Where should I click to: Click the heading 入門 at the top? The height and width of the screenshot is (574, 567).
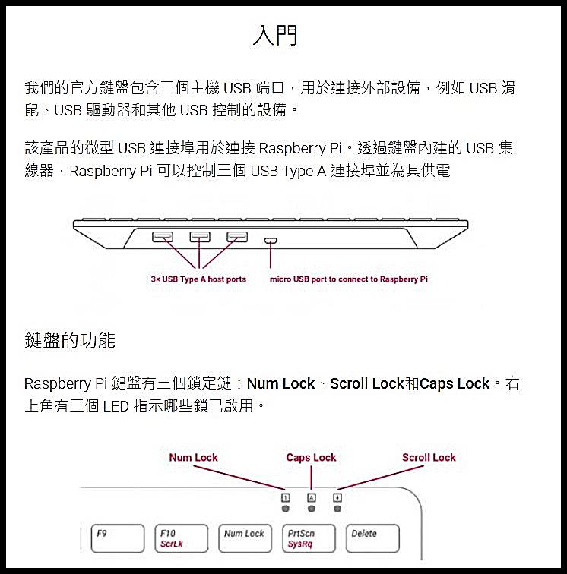pos(275,35)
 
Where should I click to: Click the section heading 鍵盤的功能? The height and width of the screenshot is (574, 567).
pos(70,340)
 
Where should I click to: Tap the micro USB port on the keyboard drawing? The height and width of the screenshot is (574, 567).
pos(271,241)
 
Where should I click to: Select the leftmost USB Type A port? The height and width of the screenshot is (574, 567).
pos(163,237)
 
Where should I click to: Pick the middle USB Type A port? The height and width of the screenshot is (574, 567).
pos(200,237)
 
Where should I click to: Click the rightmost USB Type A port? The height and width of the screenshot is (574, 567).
pos(237,237)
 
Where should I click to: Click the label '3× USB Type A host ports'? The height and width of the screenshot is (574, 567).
pos(198,279)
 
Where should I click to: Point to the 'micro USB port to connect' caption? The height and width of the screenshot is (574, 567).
pos(349,279)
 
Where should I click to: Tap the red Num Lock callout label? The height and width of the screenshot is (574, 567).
pos(194,457)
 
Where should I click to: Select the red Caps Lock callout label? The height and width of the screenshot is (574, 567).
pos(311,458)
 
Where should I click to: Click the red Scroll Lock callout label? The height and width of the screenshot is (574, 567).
pos(429,457)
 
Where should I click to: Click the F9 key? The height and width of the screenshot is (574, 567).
pos(118,538)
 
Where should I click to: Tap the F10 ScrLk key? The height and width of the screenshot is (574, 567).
pos(182,538)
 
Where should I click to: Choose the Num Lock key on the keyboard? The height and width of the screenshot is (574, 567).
pos(245,538)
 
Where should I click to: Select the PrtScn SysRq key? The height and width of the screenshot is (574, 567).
pos(309,538)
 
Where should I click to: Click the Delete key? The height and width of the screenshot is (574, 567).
pos(372,538)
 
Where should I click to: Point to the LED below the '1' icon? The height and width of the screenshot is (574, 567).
pos(286,509)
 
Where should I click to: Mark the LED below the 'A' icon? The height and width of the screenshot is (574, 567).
pos(312,509)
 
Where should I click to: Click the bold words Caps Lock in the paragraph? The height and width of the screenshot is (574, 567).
pos(455,383)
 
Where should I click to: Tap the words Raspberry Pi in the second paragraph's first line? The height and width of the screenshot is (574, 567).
pos(300,148)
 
